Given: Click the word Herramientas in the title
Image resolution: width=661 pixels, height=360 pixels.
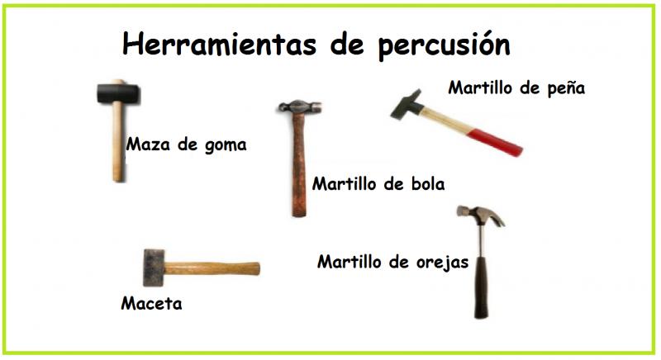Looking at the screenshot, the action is (x=219, y=44).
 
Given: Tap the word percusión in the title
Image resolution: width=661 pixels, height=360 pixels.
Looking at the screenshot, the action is (x=444, y=45).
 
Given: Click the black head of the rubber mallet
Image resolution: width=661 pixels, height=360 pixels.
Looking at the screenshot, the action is (x=118, y=93).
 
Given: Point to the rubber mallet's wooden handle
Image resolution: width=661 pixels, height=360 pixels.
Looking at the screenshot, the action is (x=118, y=142).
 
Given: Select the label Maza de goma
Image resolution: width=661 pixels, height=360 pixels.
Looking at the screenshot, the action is (x=187, y=144).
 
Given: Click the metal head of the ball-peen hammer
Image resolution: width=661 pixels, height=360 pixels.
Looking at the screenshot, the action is (x=300, y=107).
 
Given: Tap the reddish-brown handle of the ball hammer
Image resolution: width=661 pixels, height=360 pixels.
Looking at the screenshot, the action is (x=299, y=165).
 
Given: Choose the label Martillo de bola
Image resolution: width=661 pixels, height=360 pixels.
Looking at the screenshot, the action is (x=378, y=184).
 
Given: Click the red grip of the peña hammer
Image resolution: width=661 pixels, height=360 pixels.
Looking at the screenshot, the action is (x=496, y=142).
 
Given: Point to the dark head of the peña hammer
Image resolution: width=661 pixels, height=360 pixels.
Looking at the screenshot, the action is (x=407, y=105).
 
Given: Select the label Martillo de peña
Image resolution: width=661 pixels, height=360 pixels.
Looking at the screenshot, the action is (x=516, y=88).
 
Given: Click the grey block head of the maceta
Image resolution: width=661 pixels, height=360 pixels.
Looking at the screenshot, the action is (x=154, y=268).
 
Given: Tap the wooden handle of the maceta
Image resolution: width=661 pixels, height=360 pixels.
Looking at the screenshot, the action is (x=212, y=268).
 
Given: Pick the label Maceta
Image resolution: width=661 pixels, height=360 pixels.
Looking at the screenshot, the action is (x=151, y=303).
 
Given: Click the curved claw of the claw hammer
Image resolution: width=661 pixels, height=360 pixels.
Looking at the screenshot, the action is (x=494, y=216).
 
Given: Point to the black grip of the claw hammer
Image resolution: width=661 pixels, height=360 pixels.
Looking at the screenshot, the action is (x=481, y=287).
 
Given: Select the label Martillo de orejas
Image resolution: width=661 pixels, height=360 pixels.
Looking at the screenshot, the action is (x=392, y=262).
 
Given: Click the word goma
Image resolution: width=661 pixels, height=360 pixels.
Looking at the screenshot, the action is (x=226, y=145).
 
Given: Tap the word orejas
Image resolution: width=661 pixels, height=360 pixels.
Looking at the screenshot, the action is (x=442, y=263).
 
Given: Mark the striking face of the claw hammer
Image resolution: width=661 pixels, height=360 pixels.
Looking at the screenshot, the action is (x=460, y=211).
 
